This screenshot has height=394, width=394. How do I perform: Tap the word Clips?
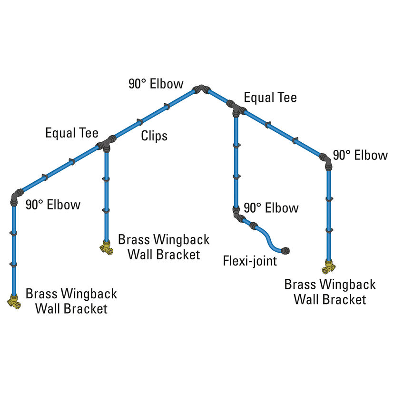pos(154,136)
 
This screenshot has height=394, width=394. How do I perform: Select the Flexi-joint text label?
pos(250,261)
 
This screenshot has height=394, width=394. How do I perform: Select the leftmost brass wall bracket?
pos(14,300)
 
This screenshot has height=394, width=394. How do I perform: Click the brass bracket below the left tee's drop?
pos(107,247)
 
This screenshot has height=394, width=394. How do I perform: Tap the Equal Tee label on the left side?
pos(71,133)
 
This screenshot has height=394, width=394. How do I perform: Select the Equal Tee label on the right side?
pos(270,98)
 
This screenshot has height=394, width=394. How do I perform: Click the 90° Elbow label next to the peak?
pos(156,84)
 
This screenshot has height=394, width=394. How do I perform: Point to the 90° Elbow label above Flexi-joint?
pos(271,208)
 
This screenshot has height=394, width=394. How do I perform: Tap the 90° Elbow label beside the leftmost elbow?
pos(53,205)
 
